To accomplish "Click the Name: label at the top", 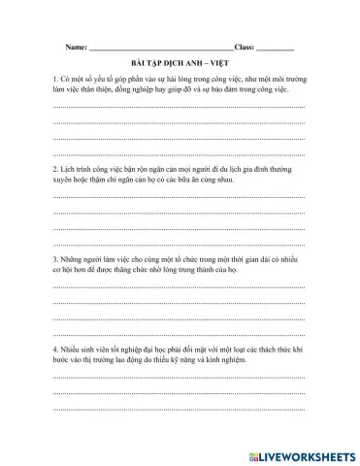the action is tap(74, 47).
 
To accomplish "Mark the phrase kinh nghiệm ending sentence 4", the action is tap(243, 360).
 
